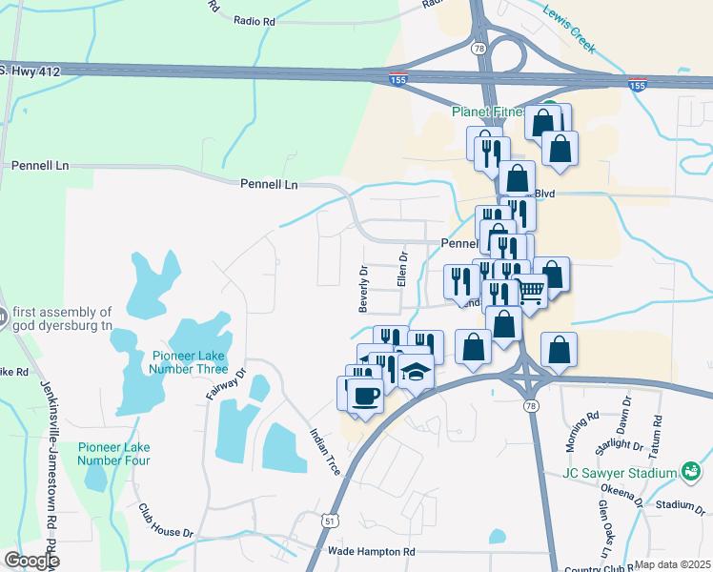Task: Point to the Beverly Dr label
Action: tap(363, 289)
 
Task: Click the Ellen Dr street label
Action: tap(402, 271)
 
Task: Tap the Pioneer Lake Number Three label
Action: tap(190, 362)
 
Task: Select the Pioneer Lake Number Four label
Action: tap(114, 454)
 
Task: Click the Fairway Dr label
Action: tap(226, 383)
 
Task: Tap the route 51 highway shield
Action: tap(328, 521)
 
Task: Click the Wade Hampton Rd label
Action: tap(372, 552)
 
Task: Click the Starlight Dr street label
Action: tap(616, 444)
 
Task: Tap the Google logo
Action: tap(31, 561)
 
